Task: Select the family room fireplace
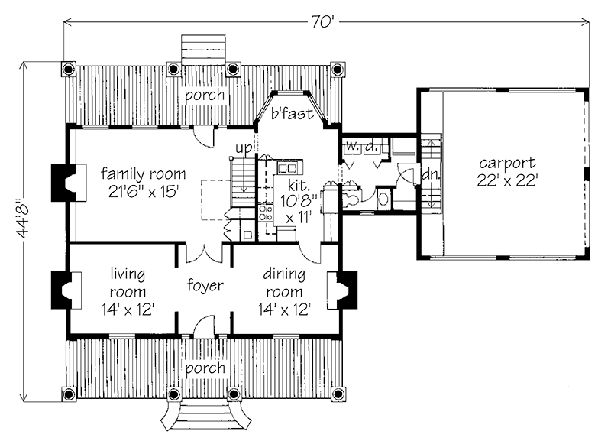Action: click(x=69, y=183)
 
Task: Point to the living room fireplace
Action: click(x=66, y=290)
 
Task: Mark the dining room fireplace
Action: click(x=341, y=290)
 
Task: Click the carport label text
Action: click(x=507, y=163)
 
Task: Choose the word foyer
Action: click(x=205, y=285)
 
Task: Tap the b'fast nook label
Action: click(x=293, y=113)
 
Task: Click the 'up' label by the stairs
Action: click(x=244, y=149)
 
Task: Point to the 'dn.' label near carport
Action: click(x=431, y=174)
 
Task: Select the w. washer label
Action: click(x=352, y=146)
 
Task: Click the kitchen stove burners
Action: click(x=266, y=213)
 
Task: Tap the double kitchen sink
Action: click(x=287, y=168)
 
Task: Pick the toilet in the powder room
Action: click(x=351, y=198)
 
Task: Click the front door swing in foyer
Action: click(x=204, y=327)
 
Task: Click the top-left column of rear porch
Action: click(x=68, y=69)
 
